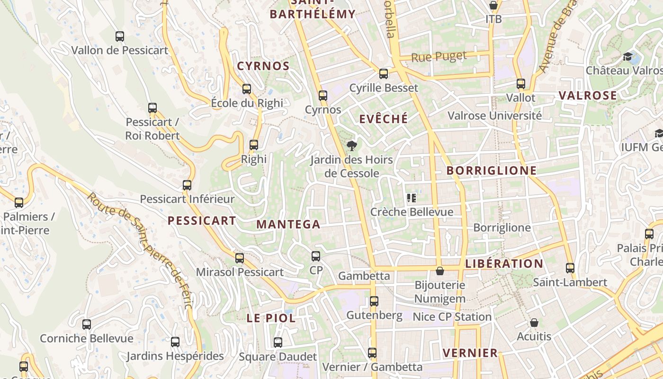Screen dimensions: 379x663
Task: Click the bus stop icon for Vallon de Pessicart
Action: [x=120, y=36]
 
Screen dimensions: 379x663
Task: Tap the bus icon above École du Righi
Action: [x=246, y=89]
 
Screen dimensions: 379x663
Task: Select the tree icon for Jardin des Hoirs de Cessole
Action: [x=351, y=145]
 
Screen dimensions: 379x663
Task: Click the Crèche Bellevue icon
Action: [x=411, y=198]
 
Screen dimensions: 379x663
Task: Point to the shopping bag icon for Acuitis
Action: [x=534, y=323]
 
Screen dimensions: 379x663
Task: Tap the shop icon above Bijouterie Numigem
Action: [x=440, y=271]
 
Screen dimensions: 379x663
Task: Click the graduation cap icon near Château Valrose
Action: [x=628, y=57]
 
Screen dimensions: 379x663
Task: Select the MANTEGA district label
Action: [x=288, y=225]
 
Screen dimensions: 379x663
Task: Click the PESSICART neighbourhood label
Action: [x=202, y=220]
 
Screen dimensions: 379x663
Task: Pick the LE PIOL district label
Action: [x=271, y=318]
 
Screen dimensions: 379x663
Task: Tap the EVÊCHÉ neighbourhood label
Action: [x=383, y=119]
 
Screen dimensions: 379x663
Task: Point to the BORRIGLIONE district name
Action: [x=492, y=171]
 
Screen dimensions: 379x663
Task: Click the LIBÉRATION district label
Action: [x=504, y=264]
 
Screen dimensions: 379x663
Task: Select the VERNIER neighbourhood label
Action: [x=470, y=353]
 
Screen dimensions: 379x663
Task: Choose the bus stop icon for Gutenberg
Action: [x=374, y=301]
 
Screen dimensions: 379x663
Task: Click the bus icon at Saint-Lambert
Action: [x=570, y=268]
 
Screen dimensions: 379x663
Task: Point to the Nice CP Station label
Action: [x=452, y=316]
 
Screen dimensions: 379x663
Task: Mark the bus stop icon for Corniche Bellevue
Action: [x=87, y=325]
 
